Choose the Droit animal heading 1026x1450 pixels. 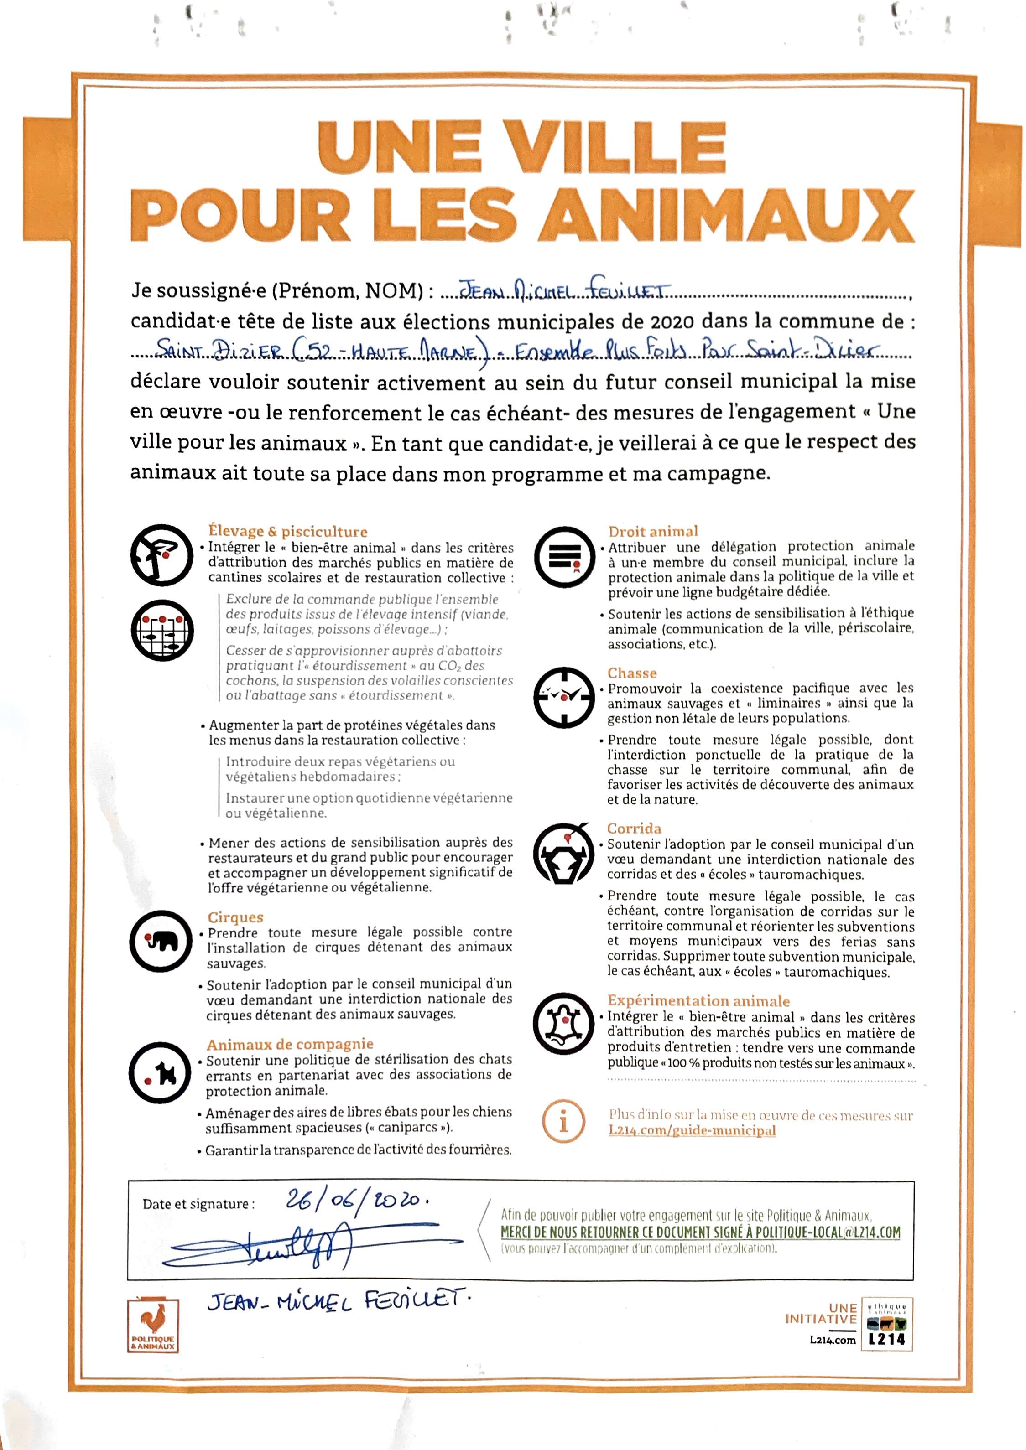653,531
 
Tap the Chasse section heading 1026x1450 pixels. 632,673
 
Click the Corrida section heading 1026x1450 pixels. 634,828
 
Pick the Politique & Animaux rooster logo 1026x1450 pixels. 153,1327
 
